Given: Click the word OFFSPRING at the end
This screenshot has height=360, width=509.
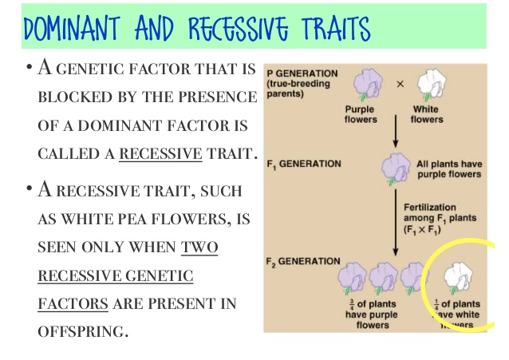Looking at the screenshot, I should click(82, 330).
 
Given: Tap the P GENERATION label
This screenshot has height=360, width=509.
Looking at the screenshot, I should click(300, 73).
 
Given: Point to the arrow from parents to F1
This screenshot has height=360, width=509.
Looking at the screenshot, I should click(397, 131).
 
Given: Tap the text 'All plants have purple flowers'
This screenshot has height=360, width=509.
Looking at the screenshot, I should click(449, 169).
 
